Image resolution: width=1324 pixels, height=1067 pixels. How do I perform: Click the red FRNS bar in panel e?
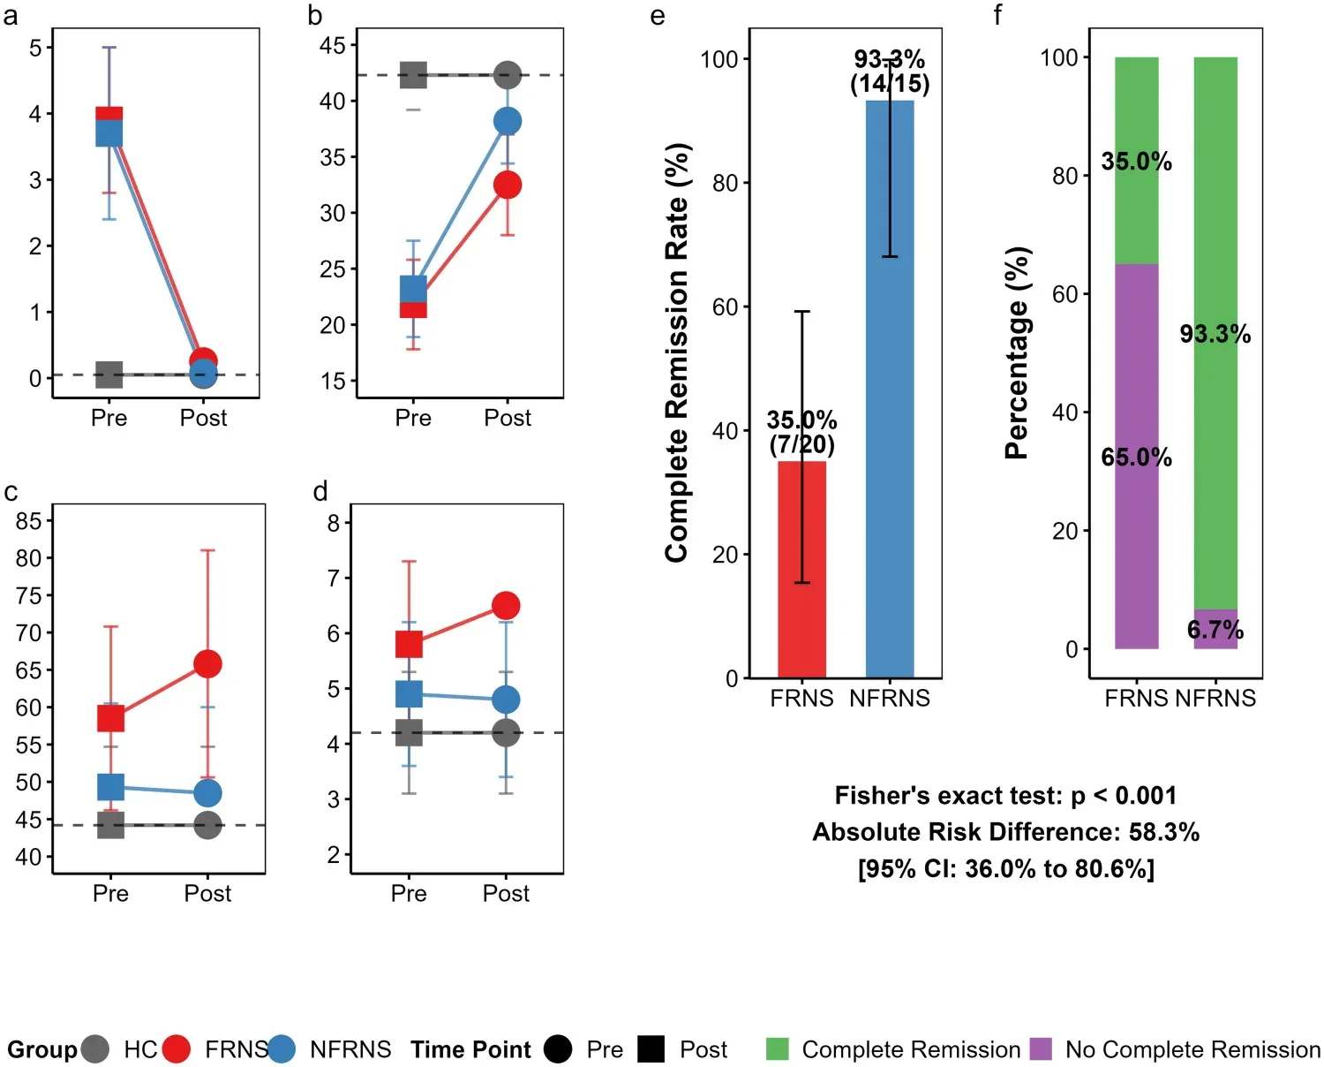(801, 570)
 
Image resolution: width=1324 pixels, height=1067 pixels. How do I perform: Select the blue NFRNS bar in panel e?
(890, 390)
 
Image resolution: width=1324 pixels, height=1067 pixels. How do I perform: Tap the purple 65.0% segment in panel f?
(1136, 457)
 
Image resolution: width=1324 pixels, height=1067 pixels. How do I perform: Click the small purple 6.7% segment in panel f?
(1215, 629)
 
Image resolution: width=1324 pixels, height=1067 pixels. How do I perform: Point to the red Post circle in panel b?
(508, 185)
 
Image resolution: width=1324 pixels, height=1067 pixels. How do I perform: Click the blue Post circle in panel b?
(508, 121)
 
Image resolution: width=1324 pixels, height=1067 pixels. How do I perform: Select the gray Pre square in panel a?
(109, 375)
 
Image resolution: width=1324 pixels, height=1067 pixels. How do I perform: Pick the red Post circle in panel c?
(208, 663)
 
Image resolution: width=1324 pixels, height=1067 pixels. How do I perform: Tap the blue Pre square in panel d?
(410, 694)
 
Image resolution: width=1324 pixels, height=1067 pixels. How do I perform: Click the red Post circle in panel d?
(506, 606)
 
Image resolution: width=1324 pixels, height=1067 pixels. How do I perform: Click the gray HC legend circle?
(94, 1048)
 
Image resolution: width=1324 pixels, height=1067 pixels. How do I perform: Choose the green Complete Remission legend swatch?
(777, 1048)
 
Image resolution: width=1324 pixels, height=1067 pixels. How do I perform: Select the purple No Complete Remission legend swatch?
(1041, 1048)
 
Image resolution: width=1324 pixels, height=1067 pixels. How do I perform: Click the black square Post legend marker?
(651, 1048)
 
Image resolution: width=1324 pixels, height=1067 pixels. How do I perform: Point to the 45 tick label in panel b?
(332, 46)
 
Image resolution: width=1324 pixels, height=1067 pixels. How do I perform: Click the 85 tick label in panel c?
(28, 521)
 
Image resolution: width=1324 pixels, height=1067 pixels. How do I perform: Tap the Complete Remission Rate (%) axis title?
(677, 352)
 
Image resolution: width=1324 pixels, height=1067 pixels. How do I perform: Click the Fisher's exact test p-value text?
(1005, 796)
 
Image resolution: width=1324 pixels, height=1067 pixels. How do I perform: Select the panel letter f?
(997, 15)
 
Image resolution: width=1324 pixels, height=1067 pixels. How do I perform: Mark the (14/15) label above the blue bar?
(890, 83)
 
